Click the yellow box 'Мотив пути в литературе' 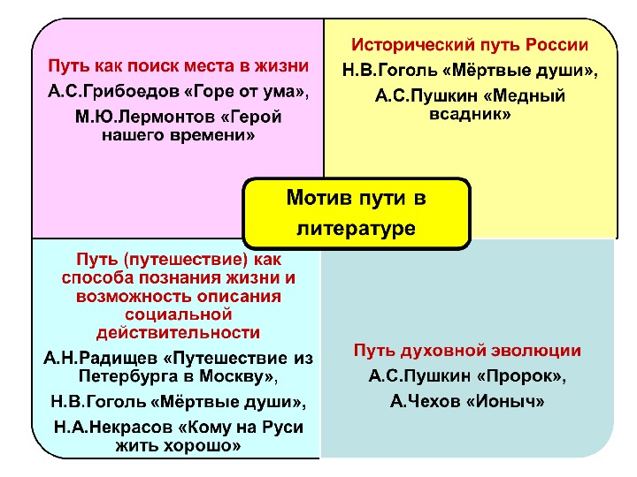click(x=357, y=213)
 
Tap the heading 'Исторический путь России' click(x=470, y=44)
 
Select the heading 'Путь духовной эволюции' click(x=468, y=350)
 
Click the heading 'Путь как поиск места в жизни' click(x=179, y=66)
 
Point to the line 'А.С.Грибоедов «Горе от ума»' click(x=179, y=91)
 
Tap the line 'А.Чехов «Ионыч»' click(x=468, y=401)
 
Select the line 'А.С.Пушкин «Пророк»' click(x=468, y=376)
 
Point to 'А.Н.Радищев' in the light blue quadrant click(x=96, y=358)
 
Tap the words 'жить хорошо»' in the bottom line click(x=179, y=446)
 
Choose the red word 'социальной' click(x=179, y=314)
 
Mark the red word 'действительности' click(x=179, y=332)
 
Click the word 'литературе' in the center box click(x=357, y=228)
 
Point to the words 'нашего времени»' click(x=179, y=136)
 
